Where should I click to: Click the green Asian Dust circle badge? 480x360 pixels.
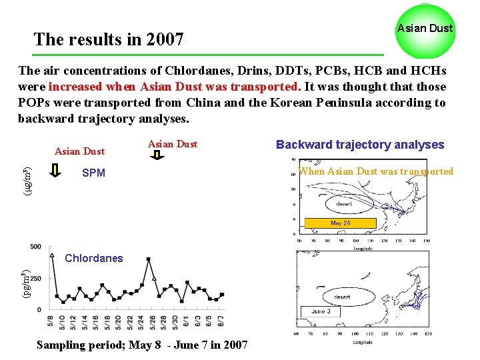425,29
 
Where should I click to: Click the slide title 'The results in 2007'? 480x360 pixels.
109,39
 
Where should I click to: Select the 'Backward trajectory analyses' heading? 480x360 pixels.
360,145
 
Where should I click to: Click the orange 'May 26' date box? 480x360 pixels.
340,223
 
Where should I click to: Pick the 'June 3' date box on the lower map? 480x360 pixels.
321,311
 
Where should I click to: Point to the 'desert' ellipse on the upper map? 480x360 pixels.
344,203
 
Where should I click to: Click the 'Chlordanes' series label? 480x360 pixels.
94,258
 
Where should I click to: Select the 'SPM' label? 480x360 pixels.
93,173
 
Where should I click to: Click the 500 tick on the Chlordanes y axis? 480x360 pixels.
35,247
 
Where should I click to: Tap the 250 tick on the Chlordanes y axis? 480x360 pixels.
35,279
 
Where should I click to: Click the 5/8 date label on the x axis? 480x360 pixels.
51,321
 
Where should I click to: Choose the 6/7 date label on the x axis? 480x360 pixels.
221,321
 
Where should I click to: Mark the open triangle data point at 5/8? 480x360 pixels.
52,255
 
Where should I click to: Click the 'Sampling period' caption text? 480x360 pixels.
142,345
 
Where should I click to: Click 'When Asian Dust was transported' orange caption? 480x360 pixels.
376,171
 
